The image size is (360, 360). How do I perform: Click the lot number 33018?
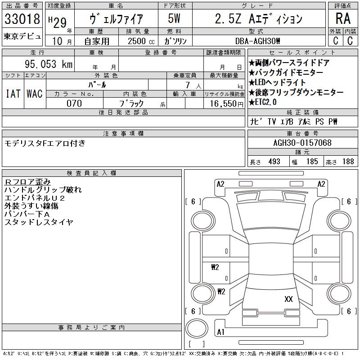point(22,19)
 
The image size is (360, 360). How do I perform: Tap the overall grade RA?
point(343,18)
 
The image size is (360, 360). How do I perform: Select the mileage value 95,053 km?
point(49,64)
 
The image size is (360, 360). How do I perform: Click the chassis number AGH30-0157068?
point(302,143)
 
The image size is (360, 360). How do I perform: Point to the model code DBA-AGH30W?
point(257,41)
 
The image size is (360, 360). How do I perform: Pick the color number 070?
point(74,103)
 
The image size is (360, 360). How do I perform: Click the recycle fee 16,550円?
point(227,104)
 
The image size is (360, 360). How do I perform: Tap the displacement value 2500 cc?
point(141,41)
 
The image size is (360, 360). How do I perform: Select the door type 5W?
point(174,18)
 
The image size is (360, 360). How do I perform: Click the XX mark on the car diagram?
point(288,299)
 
